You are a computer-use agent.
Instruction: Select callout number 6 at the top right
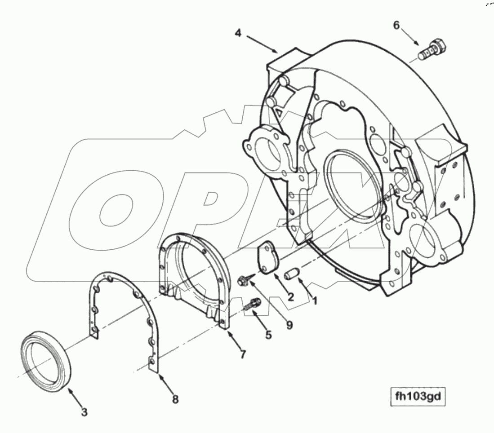[x=396, y=25]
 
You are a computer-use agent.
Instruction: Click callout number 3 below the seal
[x=85, y=411]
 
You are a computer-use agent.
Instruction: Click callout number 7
[x=243, y=354]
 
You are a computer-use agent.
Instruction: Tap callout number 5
[x=268, y=335]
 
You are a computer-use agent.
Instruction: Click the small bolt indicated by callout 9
[x=243, y=281]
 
